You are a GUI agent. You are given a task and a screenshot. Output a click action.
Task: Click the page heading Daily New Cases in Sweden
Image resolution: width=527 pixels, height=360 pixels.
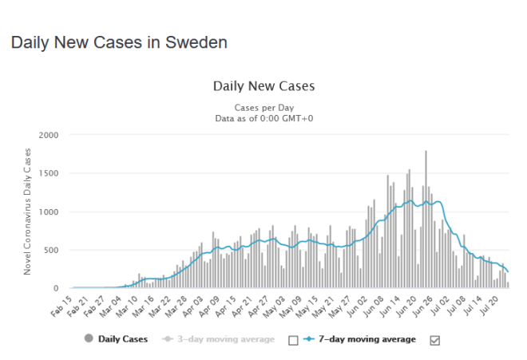(x=119, y=42)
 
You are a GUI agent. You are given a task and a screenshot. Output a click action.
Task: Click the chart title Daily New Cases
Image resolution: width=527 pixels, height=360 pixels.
(x=264, y=86)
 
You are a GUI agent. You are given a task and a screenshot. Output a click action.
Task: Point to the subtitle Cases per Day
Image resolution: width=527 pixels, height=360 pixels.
(x=264, y=107)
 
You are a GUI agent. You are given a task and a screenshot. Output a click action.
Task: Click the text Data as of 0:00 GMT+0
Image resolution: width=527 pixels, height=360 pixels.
(x=264, y=118)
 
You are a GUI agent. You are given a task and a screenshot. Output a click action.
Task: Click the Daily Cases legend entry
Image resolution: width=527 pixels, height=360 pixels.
(x=123, y=339)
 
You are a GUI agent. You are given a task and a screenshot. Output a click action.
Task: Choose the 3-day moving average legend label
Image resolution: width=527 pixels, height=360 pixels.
(x=226, y=339)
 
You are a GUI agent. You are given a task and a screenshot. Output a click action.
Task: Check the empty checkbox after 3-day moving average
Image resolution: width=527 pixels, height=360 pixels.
(x=292, y=340)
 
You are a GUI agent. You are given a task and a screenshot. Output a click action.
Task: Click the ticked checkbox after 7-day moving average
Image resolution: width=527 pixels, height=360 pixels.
(x=434, y=340)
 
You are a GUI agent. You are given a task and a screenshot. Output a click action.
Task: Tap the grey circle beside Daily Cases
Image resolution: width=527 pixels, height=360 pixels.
(x=87, y=339)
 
